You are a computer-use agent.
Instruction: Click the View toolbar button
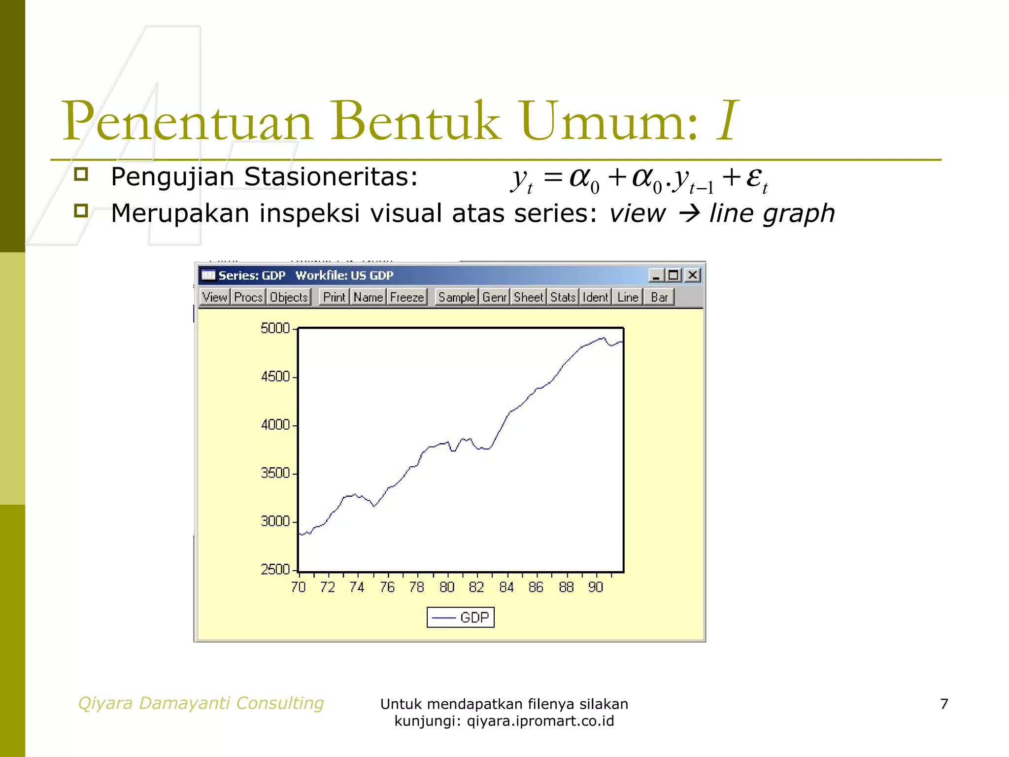(214, 297)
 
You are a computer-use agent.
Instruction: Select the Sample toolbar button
(457, 297)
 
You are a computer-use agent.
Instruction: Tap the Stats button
(563, 297)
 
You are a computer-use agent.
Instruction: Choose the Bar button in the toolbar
(659, 297)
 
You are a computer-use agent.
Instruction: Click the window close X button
(693, 275)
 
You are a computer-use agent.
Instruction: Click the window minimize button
(656, 275)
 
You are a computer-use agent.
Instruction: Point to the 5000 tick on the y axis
(275, 328)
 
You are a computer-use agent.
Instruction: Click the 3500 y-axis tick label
(275, 473)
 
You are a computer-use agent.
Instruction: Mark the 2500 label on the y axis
(275, 570)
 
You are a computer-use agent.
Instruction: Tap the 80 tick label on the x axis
(447, 587)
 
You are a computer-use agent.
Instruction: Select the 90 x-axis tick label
(596, 587)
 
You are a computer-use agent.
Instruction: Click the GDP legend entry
(461, 618)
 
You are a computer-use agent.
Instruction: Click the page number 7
(944, 704)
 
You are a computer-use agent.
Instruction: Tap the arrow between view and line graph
(689, 214)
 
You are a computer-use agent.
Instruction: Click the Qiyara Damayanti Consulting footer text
(201, 703)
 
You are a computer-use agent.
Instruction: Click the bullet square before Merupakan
(81, 211)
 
